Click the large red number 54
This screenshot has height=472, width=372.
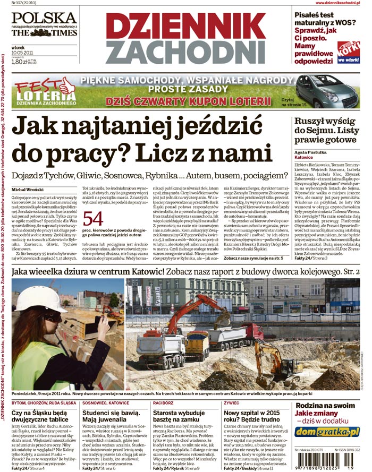point(92,219)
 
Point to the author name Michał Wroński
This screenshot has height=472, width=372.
point(27,190)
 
